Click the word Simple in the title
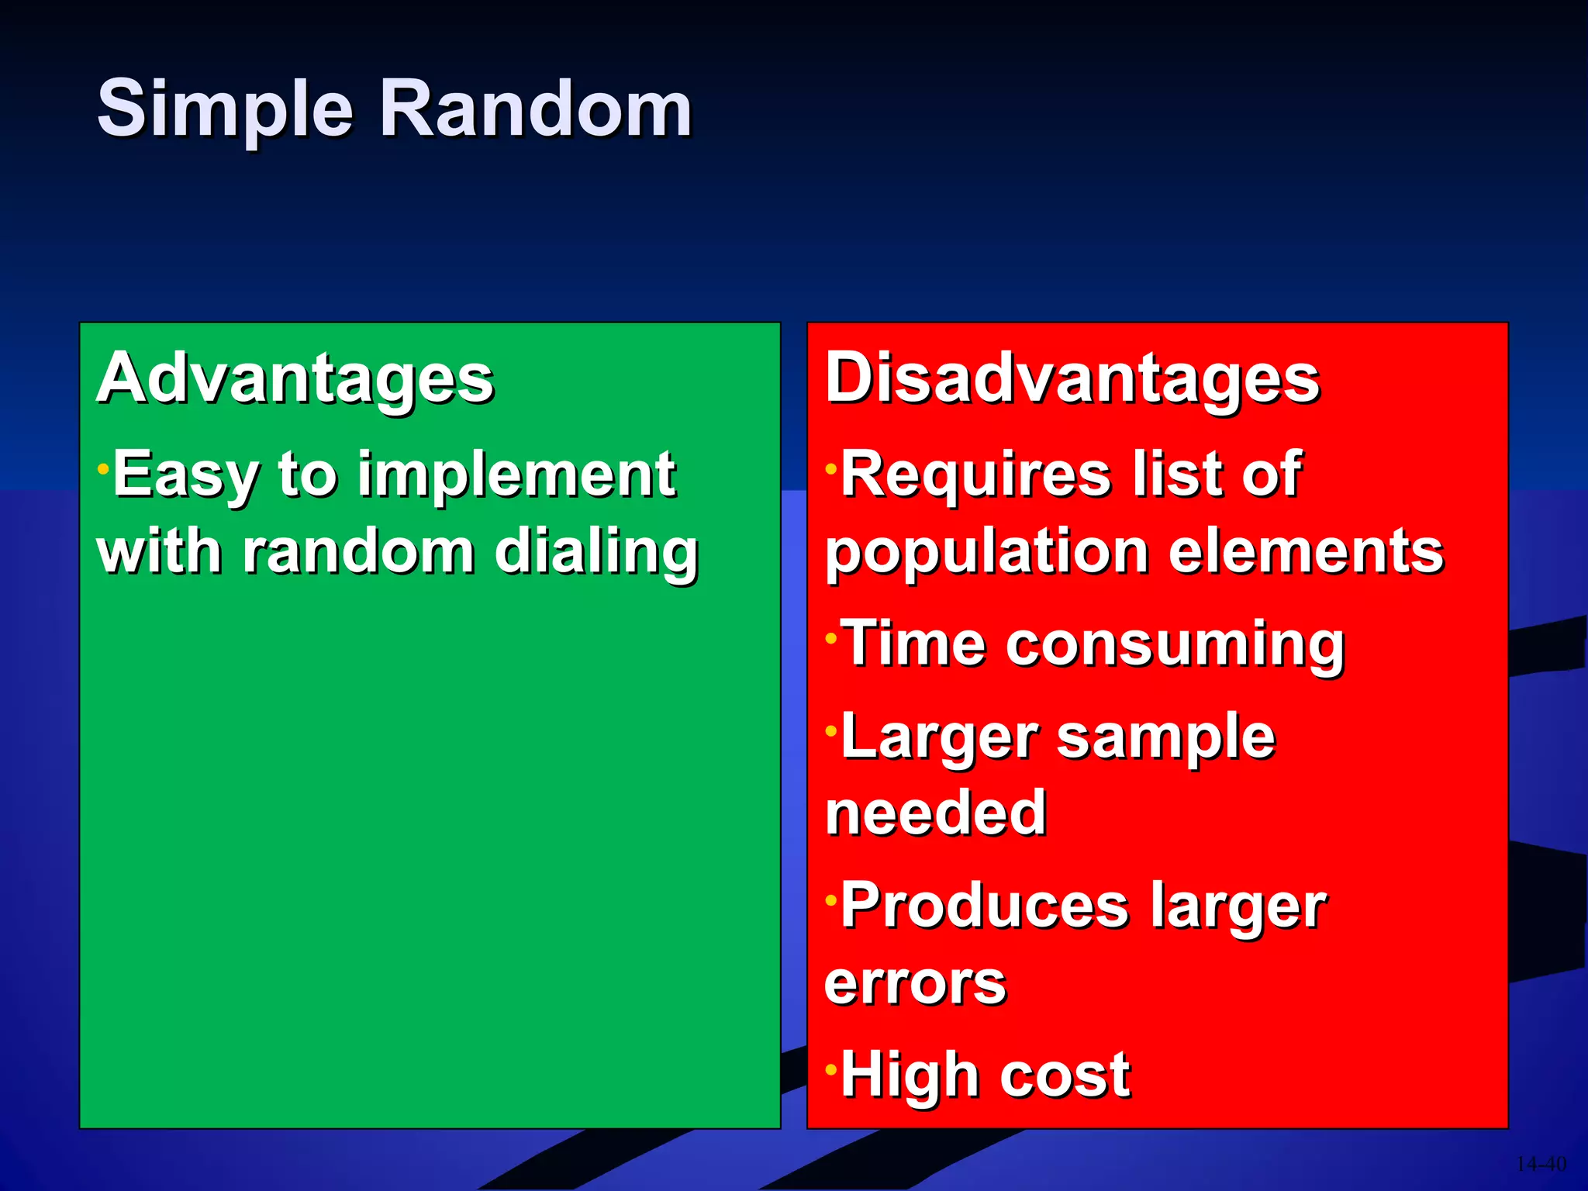(225, 110)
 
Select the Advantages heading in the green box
(295, 378)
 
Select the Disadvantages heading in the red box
(1072, 378)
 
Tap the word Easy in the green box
(185, 475)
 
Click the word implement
(516, 475)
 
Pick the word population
(986, 552)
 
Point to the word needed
(936, 813)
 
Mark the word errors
(915, 983)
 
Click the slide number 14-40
(1540, 1164)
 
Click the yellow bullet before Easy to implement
(103, 469)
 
